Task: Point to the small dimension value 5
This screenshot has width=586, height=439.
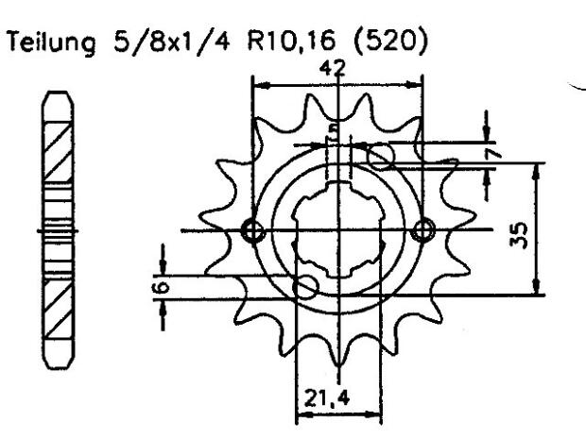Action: [334, 131]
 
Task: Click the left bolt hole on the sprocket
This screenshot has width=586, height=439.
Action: [252, 229]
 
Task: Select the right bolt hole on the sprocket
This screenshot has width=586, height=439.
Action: [422, 229]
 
